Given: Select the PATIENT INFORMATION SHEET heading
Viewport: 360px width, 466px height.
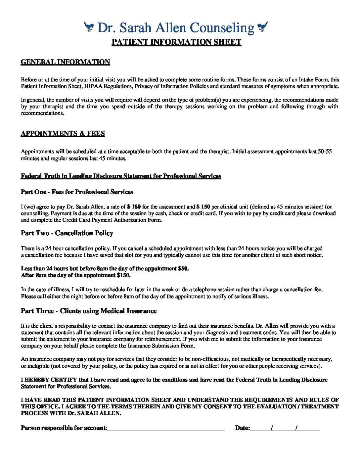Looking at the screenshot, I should click(x=176, y=42).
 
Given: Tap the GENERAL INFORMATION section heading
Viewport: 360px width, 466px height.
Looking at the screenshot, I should click(x=65, y=62).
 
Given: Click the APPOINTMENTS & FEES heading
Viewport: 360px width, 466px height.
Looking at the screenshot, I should click(x=63, y=133).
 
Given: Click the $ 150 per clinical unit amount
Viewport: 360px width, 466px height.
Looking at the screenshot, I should click(x=203, y=207).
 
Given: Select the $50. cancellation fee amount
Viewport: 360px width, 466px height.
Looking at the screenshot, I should click(x=183, y=268).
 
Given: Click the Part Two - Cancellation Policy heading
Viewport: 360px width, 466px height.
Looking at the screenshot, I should click(x=67, y=233).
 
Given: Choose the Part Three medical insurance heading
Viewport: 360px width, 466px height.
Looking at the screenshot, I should click(x=88, y=311).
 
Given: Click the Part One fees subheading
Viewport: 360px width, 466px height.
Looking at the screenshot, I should click(x=77, y=192).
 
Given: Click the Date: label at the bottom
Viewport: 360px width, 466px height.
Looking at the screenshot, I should click(x=242, y=428).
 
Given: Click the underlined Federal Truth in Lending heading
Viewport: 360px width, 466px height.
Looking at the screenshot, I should click(x=121, y=176).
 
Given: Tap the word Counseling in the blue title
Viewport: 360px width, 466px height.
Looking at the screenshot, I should click(x=223, y=28).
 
